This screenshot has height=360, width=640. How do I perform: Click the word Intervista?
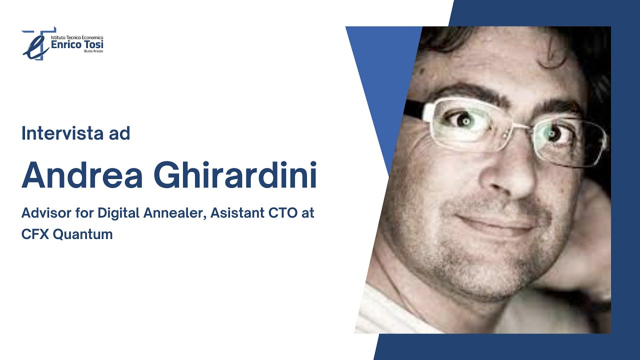[x=58, y=134]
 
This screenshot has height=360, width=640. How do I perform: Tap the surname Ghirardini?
[x=235, y=176]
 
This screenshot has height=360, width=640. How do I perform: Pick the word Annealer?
[x=174, y=213]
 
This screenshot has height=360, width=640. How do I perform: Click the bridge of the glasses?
[x=525, y=127]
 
